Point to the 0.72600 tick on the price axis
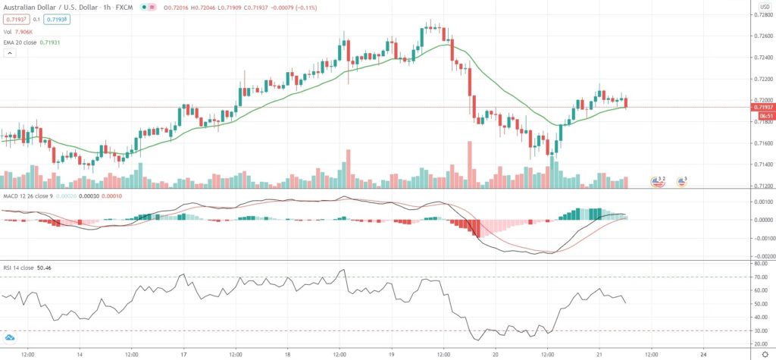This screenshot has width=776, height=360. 760,36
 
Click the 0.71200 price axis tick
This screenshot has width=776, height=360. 760,186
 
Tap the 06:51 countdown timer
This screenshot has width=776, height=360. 762,115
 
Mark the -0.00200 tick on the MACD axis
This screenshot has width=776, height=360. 760,256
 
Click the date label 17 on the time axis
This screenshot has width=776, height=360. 183,353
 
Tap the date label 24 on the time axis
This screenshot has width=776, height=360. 704,353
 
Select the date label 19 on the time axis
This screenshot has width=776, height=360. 392,353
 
